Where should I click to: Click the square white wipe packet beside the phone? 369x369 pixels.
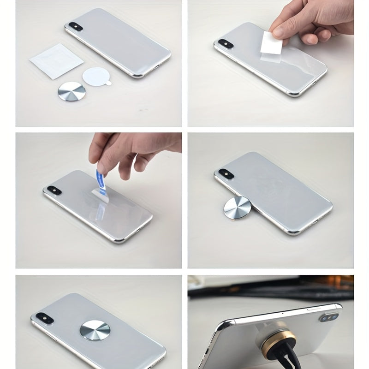point(56,60)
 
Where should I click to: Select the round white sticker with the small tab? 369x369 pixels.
point(96,75)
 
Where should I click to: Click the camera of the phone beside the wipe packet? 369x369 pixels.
point(74,26)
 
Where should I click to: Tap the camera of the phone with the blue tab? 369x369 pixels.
point(53,189)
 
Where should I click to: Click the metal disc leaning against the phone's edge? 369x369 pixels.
point(237,207)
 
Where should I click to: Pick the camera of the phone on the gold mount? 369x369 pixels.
point(327,318)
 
